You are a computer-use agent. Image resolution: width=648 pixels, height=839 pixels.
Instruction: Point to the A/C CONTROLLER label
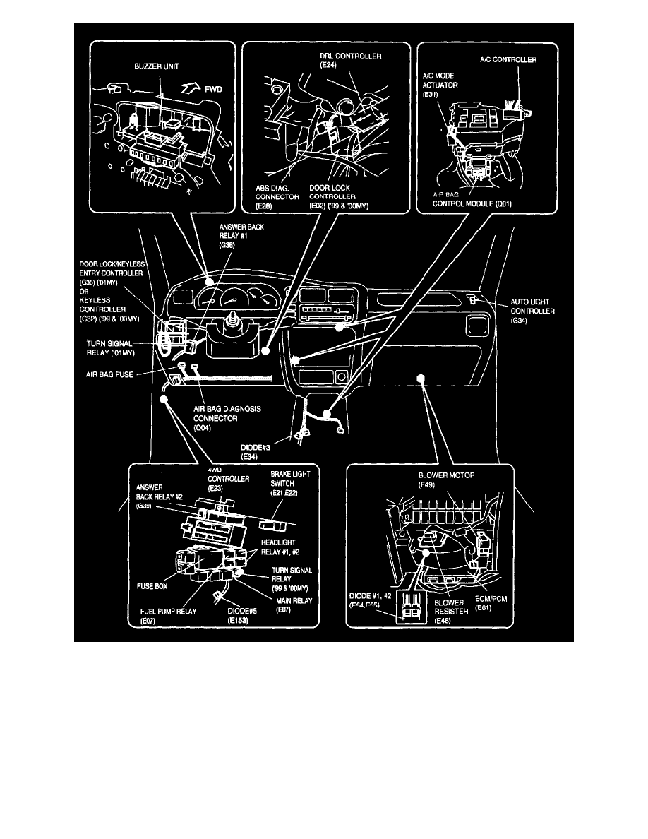pyautogui.click(x=508, y=61)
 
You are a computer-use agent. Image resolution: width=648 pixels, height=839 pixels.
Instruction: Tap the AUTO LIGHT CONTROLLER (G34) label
pyautogui.click(x=533, y=310)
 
